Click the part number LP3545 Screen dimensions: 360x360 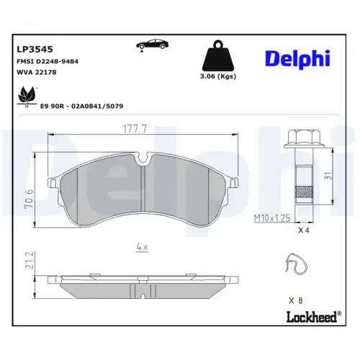point(32,49)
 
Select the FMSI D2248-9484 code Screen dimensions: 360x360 point(48,62)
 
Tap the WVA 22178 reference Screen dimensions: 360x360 point(37,73)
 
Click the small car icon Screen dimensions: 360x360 point(148,47)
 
